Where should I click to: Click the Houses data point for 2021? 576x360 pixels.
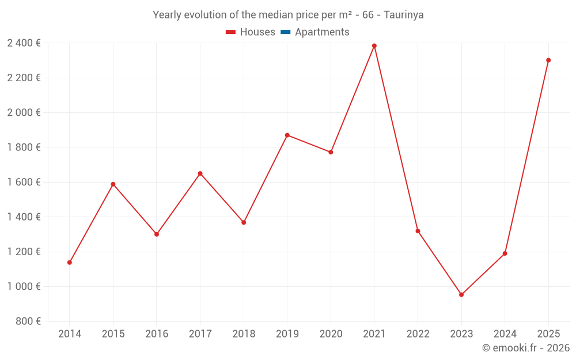[x=374, y=46]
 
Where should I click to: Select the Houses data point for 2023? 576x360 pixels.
[x=461, y=295]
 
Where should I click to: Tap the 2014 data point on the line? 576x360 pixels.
[x=70, y=263]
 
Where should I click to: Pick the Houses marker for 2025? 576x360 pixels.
[x=548, y=60]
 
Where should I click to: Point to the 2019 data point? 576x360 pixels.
[x=287, y=135]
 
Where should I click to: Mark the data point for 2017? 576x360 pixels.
[x=200, y=173]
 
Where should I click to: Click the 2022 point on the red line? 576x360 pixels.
[x=418, y=231]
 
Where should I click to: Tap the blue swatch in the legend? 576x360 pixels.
[x=285, y=32]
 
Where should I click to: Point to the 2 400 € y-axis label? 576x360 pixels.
[x=24, y=43]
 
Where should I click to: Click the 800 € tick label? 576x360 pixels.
[x=28, y=321]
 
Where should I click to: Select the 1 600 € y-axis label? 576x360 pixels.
[x=24, y=182]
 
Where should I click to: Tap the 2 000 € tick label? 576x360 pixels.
[x=24, y=112]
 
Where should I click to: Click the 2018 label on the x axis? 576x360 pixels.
[x=244, y=334]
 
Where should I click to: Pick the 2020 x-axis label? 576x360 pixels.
[x=331, y=334]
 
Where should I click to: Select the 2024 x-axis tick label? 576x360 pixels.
[x=505, y=334]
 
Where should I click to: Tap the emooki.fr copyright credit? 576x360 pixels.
[x=526, y=348]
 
